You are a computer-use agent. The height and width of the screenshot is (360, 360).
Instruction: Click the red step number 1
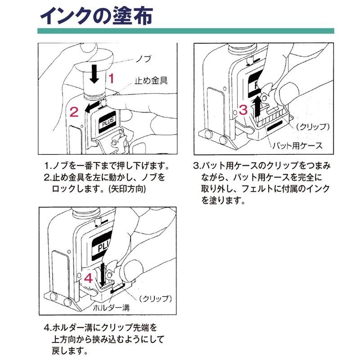click(x=112, y=79)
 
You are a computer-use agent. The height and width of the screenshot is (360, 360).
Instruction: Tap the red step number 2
click(x=74, y=110)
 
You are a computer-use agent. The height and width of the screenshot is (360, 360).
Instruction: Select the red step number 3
click(x=243, y=109)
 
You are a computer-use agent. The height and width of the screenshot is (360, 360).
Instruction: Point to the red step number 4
click(x=89, y=278)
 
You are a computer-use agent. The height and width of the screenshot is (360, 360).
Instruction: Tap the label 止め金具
click(x=151, y=81)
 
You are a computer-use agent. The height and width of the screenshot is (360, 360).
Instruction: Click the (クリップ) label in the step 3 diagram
click(x=311, y=126)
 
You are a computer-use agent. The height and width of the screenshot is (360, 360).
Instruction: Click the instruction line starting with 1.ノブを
click(x=107, y=165)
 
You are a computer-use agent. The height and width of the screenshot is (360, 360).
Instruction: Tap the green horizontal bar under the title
click(x=185, y=31)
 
